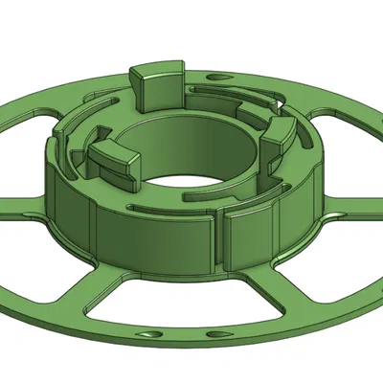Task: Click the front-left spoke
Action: pos(110,287)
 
